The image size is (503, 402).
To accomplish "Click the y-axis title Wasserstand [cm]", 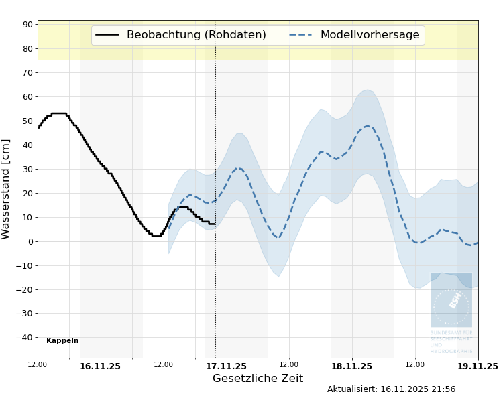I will pyautogui.click(x=7, y=189).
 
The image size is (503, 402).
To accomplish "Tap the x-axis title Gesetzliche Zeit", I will pyautogui.click(x=258, y=379).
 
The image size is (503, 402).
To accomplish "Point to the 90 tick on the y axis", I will pyautogui.click(x=27, y=25).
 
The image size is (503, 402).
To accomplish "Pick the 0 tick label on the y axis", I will pyautogui.click(x=30, y=241).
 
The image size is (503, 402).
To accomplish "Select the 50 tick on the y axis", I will pyautogui.click(x=27, y=121).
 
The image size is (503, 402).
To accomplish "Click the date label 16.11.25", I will pyautogui.click(x=100, y=366).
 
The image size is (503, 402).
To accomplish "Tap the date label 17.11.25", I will pyautogui.click(x=226, y=366).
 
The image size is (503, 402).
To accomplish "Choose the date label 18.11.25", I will pyautogui.click(x=351, y=366).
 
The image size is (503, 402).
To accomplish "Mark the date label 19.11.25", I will pyautogui.click(x=477, y=366).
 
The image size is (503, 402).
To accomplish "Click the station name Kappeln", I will pyautogui.click(x=62, y=341).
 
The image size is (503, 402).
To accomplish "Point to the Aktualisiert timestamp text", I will pyautogui.click(x=391, y=389).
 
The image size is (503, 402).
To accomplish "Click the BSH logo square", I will pyautogui.click(x=451, y=299).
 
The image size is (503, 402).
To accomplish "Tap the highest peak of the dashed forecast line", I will pyautogui.click(x=368, y=126).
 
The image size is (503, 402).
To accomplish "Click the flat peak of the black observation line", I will pyautogui.click(x=58, y=113).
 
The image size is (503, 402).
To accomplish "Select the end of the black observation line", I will pyautogui.click(x=215, y=224).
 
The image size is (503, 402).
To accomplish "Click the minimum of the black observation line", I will pyautogui.click(x=156, y=236).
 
